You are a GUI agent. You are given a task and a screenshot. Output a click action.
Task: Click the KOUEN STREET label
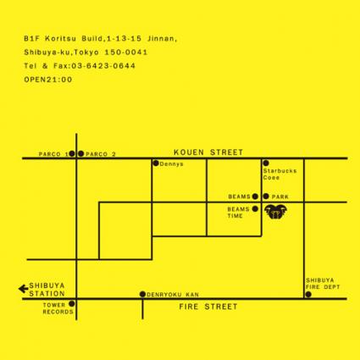coord(208,152)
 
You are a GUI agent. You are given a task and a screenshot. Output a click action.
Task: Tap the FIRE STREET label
coord(208,307)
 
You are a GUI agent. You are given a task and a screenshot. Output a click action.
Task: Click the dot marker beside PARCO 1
coord(72,153)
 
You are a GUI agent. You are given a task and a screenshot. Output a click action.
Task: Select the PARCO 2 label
coord(101,154)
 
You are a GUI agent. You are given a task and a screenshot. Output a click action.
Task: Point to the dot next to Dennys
coord(156,163)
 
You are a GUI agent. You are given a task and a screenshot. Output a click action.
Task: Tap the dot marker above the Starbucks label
coord(266,163)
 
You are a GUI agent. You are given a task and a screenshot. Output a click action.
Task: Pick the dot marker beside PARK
coord(266,197)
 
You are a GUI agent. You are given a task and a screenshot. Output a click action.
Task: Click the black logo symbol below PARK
coord(276,212)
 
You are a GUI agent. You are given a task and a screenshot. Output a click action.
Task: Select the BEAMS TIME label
coord(239,213)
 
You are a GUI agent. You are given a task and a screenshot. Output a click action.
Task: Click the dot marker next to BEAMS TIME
coord(255,209)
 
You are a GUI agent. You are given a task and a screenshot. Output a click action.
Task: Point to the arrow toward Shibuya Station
coord(23,289)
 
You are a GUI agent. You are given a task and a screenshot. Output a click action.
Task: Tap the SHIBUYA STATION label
coord(47,290)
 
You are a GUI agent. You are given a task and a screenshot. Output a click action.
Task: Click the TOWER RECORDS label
coord(58,308)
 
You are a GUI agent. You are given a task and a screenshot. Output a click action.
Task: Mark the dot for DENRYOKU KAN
coord(142,294)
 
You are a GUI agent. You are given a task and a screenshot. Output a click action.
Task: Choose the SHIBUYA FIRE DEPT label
coord(323,284)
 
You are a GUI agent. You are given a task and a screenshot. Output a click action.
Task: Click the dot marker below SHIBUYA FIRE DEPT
coord(308,295)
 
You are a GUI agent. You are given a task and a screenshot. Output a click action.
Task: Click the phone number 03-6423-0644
coord(103,66)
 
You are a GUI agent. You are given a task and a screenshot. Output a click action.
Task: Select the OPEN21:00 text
coord(48,80)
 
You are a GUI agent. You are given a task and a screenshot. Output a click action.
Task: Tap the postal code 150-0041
coord(126,53)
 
